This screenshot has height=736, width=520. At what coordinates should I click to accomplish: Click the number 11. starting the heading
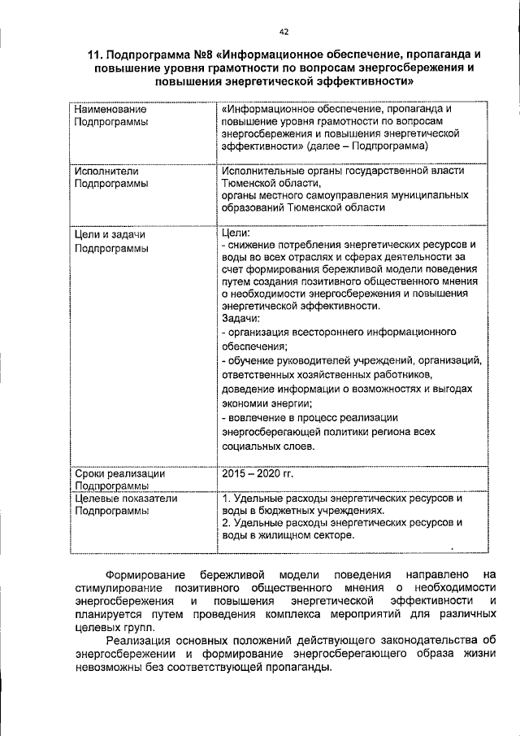tap(97, 55)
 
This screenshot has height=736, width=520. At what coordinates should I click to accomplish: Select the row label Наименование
tap(110, 109)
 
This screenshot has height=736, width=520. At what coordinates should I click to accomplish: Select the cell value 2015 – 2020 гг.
tap(257, 473)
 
